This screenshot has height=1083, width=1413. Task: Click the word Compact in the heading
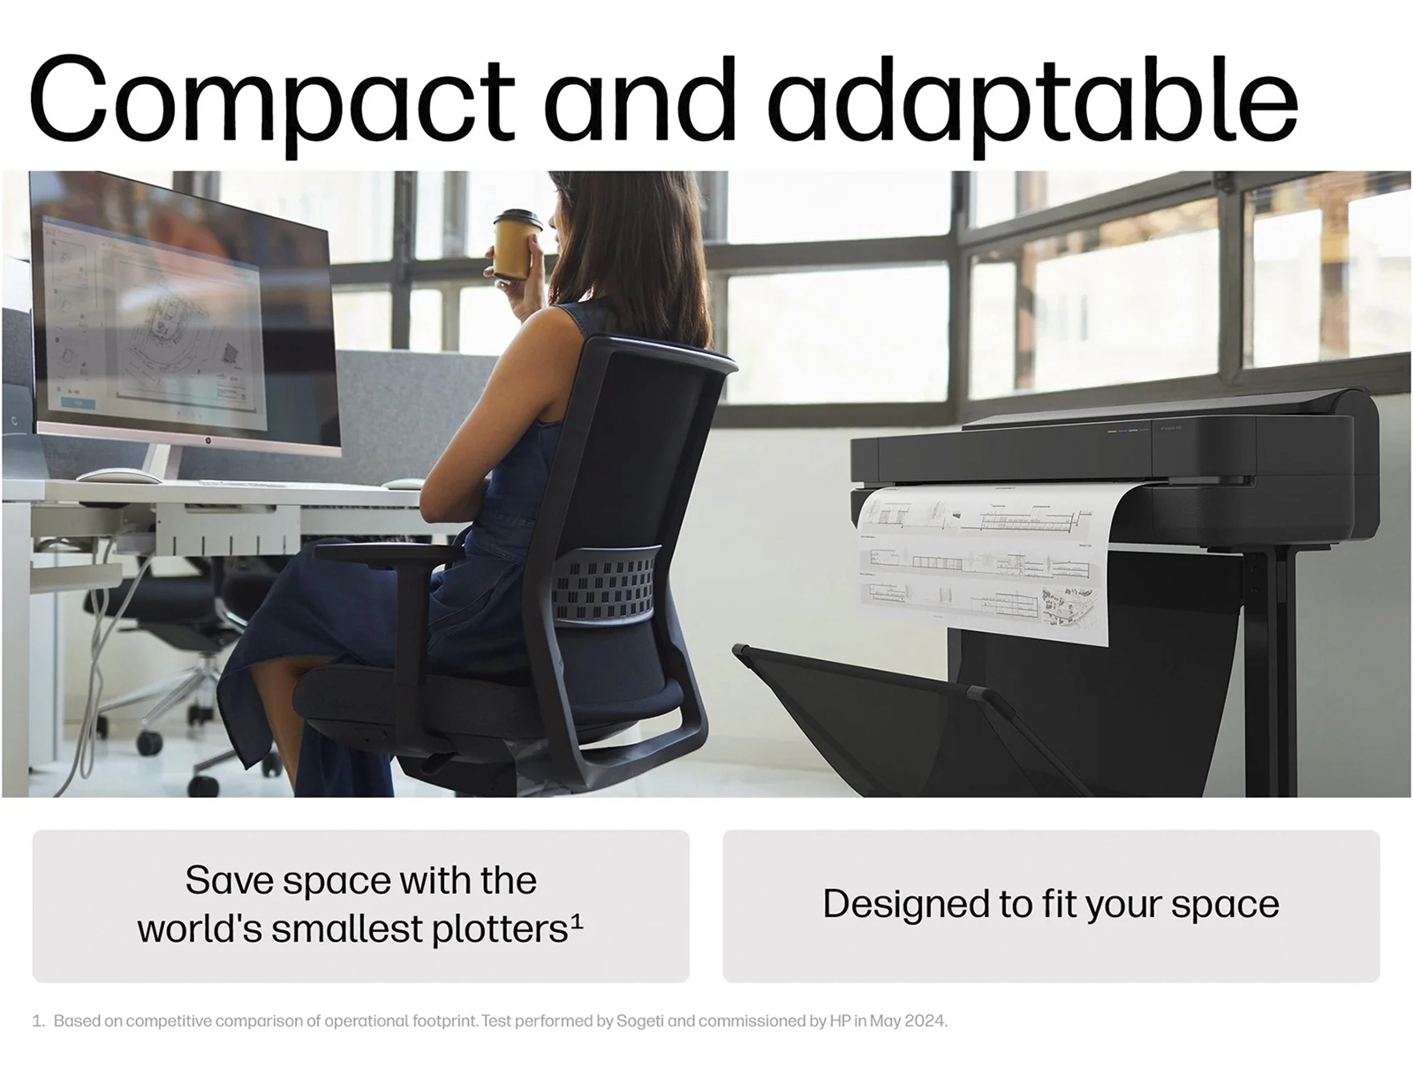pyautogui.click(x=272, y=101)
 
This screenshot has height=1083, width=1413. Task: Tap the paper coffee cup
pyautogui.click(x=517, y=244)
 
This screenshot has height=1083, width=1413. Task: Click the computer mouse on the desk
pyautogui.click(x=117, y=477)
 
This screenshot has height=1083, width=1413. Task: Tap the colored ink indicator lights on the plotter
pyautogui.click(x=1122, y=430)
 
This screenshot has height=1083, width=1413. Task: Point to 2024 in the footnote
pyautogui.click(x=926, y=1020)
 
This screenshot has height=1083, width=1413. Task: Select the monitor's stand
pyautogui.click(x=158, y=461)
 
